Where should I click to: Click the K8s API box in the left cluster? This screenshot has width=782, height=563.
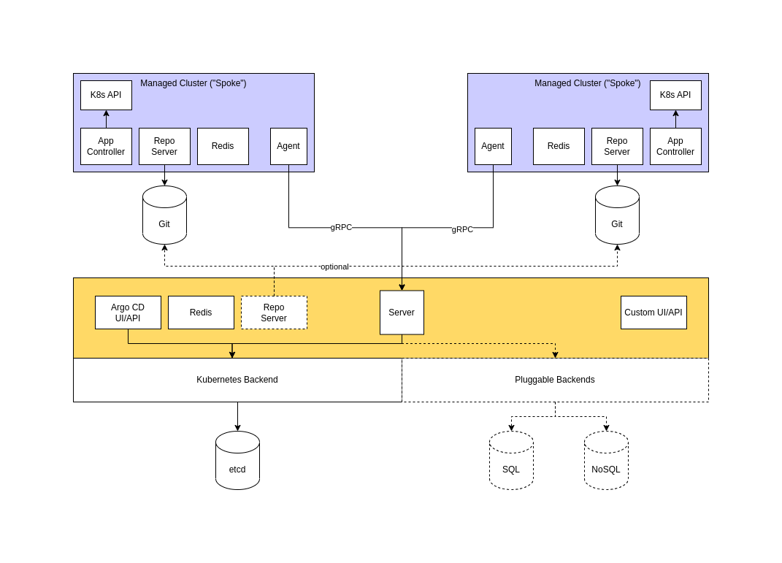click(x=106, y=95)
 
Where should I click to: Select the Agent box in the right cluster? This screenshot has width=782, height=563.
click(x=493, y=146)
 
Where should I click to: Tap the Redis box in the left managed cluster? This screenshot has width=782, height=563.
click(x=223, y=146)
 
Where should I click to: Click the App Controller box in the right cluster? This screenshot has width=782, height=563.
click(x=675, y=146)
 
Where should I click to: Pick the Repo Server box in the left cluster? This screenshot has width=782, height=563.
click(x=164, y=146)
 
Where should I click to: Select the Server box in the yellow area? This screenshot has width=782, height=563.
click(x=402, y=313)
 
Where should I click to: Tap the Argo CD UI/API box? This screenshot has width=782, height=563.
click(x=128, y=313)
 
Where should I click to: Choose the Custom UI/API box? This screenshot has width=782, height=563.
click(x=653, y=313)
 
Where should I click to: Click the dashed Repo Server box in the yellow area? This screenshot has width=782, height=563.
click(x=274, y=313)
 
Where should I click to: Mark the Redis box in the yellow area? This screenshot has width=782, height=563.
click(x=201, y=313)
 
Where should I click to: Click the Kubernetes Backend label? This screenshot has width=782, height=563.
click(x=237, y=380)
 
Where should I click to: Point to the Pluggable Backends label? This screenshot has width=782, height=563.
click(x=555, y=380)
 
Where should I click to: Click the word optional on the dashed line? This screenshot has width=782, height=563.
click(x=334, y=267)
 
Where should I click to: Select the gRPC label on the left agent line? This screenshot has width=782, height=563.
click(x=341, y=227)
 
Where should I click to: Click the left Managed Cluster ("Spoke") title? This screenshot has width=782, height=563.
click(x=193, y=83)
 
